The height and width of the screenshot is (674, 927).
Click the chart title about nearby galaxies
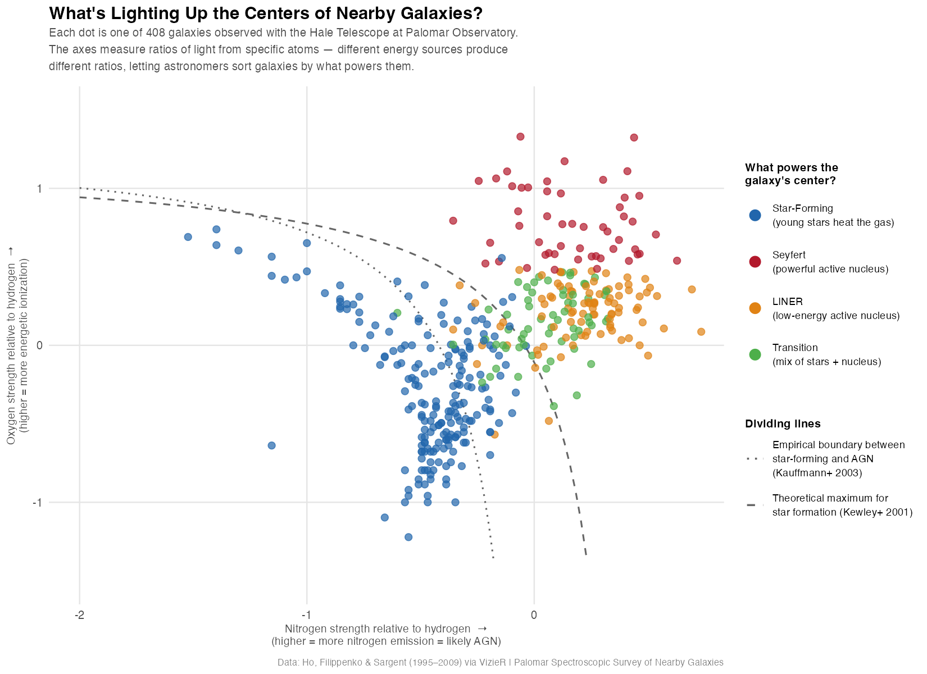(x=266, y=13)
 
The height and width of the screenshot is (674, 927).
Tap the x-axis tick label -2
(x=79, y=615)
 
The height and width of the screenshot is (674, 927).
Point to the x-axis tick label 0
(x=534, y=615)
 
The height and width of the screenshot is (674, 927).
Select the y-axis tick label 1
(x=40, y=189)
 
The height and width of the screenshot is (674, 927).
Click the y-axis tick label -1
(x=38, y=502)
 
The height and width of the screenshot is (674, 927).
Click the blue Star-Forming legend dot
(x=755, y=215)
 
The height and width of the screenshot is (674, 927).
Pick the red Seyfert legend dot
(x=755, y=262)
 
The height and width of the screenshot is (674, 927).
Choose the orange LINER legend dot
(x=755, y=308)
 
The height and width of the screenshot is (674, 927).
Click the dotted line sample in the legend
(x=755, y=459)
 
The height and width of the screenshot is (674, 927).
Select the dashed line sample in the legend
(x=755, y=505)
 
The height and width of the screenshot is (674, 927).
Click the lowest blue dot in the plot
(x=408, y=537)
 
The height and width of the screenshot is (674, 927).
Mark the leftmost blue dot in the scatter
(x=188, y=237)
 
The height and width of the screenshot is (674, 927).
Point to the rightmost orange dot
(x=701, y=332)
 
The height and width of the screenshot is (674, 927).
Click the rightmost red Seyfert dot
(x=677, y=261)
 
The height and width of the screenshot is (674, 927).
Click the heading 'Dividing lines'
(x=783, y=423)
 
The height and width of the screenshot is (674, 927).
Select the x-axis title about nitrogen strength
(x=386, y=635)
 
